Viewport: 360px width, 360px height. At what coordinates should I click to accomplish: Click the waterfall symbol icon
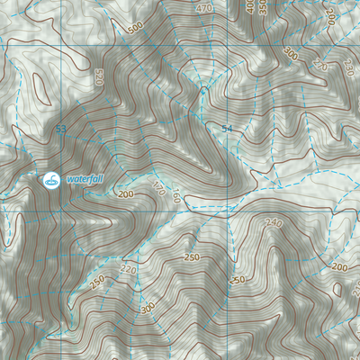point(51,179)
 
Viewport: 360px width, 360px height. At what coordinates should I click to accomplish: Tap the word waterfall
point(85,179)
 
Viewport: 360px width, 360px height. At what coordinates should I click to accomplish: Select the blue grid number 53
point(60,130)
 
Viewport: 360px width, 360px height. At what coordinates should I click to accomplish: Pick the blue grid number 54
point(227,130)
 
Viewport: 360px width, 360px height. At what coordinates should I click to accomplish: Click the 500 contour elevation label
point(135,29)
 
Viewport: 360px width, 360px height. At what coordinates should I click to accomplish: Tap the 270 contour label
point(320,65)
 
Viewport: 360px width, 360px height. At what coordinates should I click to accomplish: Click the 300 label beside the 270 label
point(290,54)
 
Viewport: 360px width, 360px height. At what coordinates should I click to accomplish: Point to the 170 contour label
point(158,189)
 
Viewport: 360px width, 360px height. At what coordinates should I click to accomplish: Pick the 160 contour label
point(176,197)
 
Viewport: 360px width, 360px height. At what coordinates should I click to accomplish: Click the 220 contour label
point(128,268)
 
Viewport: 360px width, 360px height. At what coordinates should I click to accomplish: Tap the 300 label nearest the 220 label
point(147,308)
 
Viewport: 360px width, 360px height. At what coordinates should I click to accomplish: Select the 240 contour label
point(273,222)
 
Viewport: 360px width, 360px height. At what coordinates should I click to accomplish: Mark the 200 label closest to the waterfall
point(125,193)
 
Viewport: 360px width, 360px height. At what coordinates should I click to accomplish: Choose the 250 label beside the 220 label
point(97,278)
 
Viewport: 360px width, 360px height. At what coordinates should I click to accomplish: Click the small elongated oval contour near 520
point(40,86)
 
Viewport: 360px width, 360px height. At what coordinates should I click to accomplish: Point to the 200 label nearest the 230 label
point(329,17)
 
